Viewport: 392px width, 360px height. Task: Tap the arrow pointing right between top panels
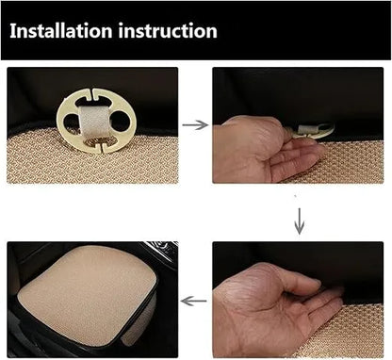tap(194, 123)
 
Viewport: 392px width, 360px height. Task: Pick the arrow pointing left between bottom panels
tap(194, 301)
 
